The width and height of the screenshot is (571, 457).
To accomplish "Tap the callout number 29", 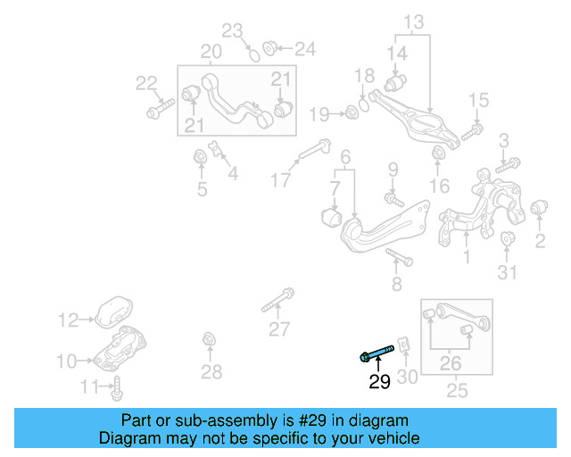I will pos(380,382).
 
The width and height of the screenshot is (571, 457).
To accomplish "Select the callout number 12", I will pos(69,319).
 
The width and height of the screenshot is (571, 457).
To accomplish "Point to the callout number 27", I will pos(279,329).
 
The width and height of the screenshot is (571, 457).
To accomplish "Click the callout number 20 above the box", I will pos(211,51).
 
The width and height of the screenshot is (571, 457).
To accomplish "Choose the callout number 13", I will pos(414,21).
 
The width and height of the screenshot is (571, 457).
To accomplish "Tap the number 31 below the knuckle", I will pos(508,272).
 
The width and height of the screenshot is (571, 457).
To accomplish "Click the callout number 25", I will pos(456,390).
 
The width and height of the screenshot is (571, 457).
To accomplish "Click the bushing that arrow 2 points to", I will pos(538,210).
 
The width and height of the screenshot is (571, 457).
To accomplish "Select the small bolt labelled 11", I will pos(118,388).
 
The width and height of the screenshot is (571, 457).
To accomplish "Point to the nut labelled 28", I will pos(209,339).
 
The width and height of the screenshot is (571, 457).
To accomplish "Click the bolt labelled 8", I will pos(399,259).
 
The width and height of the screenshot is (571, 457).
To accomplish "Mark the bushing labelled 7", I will pos(331,217).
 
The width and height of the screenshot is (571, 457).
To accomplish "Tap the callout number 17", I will pos(282,180).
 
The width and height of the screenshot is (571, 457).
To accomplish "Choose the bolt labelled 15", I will pos(472,130).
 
